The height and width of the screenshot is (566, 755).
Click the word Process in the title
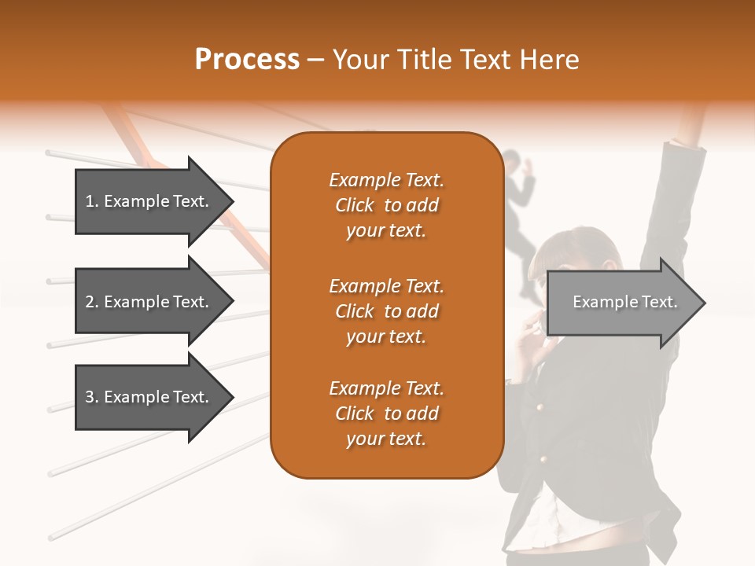[x=247, y=60]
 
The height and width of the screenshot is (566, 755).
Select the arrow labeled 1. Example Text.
[x=149, y=201]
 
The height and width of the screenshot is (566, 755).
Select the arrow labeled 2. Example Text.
[x=149, y=302]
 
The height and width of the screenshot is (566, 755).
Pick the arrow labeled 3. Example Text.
[x=149, y=397]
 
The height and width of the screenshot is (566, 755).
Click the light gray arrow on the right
[x=621, y=303]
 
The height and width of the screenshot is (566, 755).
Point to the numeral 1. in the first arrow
[x=92, y=201]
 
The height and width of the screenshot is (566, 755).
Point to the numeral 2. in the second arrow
[x=92, y=302]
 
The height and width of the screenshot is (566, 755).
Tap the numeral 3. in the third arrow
[x=92, y=397]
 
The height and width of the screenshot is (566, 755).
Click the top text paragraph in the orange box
[x=386, y=205]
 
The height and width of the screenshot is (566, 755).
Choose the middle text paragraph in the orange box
[x=386, y=311]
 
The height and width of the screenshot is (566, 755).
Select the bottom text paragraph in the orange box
[x=386, y=413]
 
